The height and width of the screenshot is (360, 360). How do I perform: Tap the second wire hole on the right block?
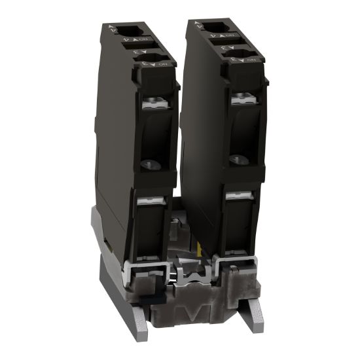tap(237, 54)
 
